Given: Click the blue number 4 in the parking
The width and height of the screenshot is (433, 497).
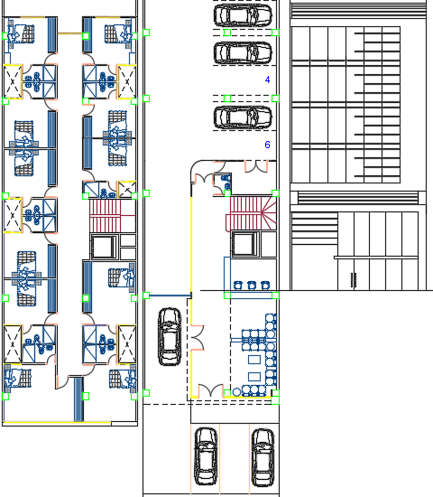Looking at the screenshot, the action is click(267, 80).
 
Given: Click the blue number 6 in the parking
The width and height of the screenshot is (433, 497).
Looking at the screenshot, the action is click(267, 145).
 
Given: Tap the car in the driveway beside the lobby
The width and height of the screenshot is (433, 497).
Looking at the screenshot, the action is click(170, 336).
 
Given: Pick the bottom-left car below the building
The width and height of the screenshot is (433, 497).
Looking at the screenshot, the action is click(206, 455).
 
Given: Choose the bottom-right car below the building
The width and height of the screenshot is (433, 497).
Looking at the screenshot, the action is click(263, 456).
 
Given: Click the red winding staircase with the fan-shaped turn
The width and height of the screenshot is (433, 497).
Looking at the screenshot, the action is click(252, 213).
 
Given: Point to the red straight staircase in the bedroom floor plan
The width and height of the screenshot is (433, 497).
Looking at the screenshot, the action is click(113, 216).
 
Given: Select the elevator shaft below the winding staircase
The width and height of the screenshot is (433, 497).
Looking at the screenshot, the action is click(245, 244).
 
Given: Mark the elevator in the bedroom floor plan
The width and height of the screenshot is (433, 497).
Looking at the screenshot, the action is click(104, 247).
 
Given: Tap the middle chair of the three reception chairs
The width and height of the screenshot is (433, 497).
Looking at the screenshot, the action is click(252, 286).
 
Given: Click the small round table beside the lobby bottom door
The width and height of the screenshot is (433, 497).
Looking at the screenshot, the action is click(236, 392).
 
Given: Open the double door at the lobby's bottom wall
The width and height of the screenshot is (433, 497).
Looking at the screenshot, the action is click(210, 389).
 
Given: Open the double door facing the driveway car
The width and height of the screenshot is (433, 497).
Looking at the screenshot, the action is click(198, 338).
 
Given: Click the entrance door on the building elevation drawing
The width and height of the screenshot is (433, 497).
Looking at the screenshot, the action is click(354, 280).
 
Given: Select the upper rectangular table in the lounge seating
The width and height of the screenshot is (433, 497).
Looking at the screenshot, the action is click(254, 360).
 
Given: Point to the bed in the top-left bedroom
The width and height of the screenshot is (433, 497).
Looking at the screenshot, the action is click(21, 33).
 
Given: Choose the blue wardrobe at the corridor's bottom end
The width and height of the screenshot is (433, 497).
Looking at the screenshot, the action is click(78, 399).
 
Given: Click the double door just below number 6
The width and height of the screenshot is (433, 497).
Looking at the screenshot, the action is click(256, 166).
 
